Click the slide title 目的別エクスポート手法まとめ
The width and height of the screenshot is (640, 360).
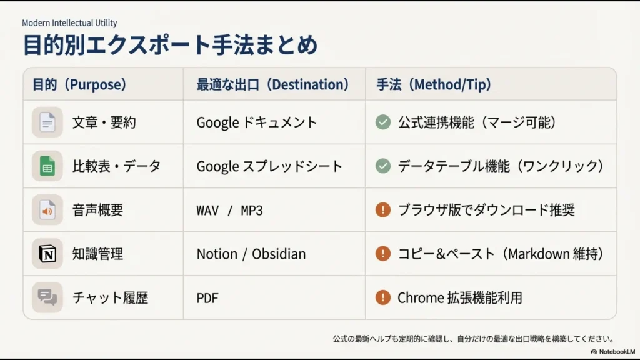pyautogui.click(x=170, y=46)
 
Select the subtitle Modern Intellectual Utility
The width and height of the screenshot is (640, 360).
pyautogui.click(x=69, y=23)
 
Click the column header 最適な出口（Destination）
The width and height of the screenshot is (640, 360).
pyautogui.click(x=272, y=84)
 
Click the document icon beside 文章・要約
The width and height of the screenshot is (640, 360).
pyautogui.click(x=47, y=122)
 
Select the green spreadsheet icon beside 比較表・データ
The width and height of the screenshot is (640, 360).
pyautogui.click(x=47, y=166)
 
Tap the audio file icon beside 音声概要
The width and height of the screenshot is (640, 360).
pyautogui.click(x=47, y=209)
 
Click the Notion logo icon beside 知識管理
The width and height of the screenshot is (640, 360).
pyautogui.click(x=47, y=254)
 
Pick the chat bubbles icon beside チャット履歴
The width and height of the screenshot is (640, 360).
pyautogui.click(x=47, y=297)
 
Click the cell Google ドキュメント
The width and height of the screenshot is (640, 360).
pyautogui.click(x=257, y=122)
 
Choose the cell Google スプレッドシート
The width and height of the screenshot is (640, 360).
pyautogui.click(x=269, y=166)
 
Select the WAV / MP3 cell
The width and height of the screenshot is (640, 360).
pyautogui.click(x=229, y=210)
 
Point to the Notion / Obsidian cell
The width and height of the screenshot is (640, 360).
pyautogui.click(x=251, y=254)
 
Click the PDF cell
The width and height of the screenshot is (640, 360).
pyautogui.click(x=207, y=297)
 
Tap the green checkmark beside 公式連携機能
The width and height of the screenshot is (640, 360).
pyautogui.click(x=383, y=122)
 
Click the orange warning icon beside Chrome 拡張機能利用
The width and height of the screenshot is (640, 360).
pyautogui.click(x=383, y=297)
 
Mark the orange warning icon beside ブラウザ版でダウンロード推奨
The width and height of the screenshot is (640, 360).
pyautogui.click(x=383, y=209)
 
